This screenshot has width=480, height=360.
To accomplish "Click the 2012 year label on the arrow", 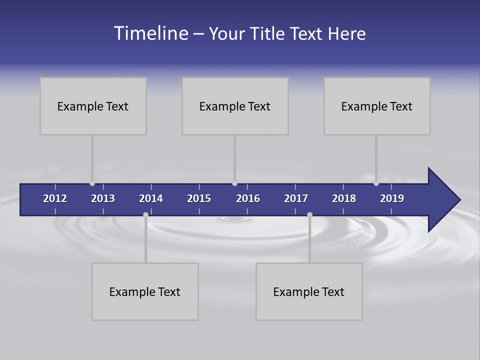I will (x=55, y=198).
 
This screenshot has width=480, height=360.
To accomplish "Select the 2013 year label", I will (x=103, y=198).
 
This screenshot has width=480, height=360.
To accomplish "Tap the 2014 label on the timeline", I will (x=151, y=198).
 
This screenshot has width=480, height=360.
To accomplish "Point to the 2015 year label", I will (x=199, y=198).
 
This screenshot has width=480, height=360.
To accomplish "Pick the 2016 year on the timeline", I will (x=248, y=198).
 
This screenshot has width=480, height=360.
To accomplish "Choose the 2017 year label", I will (x=296, y=198).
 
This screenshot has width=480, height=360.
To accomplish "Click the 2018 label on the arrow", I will (x=344, y=198).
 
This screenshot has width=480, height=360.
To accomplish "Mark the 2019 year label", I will (x=392, y=198).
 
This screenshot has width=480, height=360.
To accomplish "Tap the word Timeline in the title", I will (x=150, y=33).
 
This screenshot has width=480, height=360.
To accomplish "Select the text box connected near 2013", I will (x=93, y=106).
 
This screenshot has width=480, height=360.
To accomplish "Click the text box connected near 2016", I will (x=235, y=106).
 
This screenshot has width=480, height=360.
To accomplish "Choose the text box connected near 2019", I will (x=377, y=106).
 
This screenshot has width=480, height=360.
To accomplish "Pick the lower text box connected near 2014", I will (x=145, y=291).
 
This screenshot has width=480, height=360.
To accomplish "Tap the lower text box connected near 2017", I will (x=309, y=291).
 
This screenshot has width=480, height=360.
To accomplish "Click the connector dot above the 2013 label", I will (x=92, y=183).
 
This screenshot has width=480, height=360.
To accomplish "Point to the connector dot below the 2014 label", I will (x=145, y=214).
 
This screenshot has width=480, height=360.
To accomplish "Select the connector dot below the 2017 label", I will (x=309, y=214).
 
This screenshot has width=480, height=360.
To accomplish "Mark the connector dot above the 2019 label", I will (x=376, y=183).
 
